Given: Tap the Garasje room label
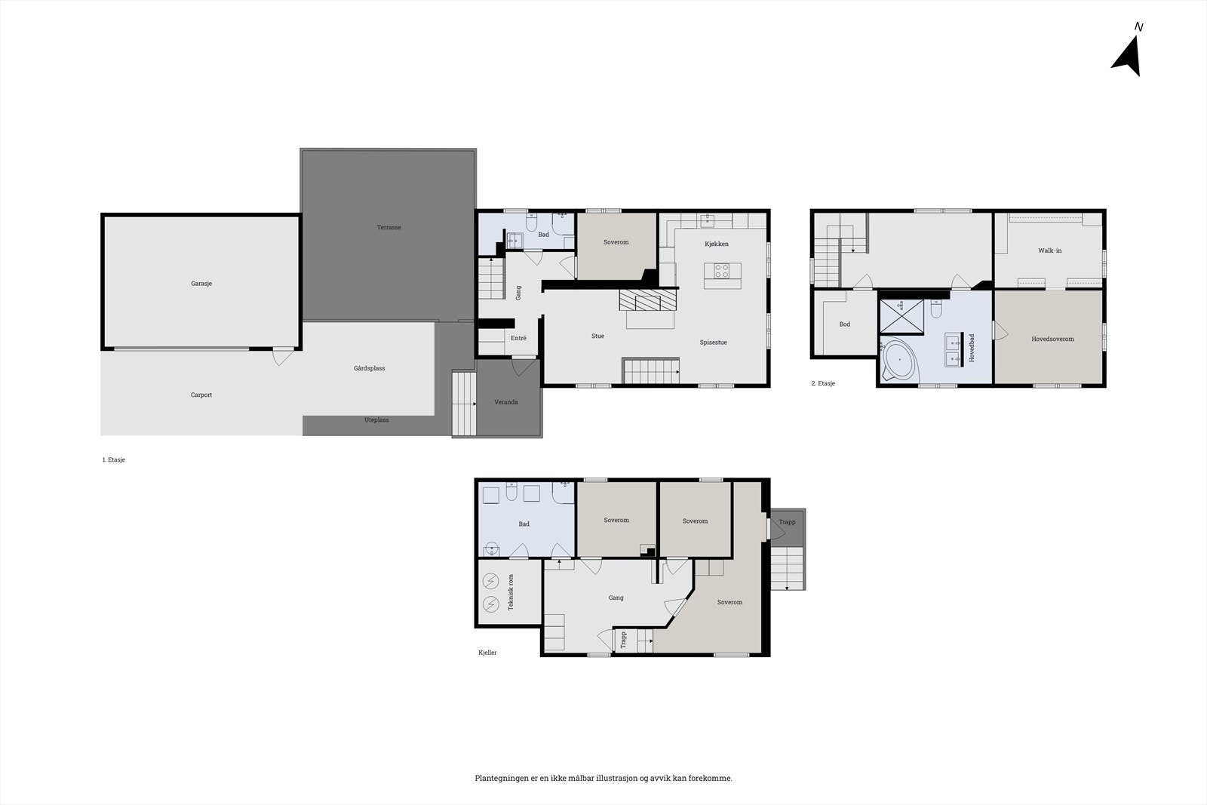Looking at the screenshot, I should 201,284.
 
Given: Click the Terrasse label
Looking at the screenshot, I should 389,227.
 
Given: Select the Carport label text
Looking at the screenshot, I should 201,395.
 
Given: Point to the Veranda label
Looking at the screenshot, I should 506,402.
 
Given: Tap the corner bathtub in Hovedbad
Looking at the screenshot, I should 900,361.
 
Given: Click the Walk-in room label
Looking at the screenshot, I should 1049,250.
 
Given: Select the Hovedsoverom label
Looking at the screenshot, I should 1052,339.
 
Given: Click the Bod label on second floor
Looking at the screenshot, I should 845,324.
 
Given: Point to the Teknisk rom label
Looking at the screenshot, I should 511,592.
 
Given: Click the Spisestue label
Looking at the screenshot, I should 713,343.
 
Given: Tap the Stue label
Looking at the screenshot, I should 597,336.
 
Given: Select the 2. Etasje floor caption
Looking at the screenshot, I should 823,383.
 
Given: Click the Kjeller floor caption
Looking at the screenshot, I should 487,653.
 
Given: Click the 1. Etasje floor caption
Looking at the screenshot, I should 113,459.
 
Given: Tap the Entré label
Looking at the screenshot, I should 518,338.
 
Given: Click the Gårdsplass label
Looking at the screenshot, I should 370,368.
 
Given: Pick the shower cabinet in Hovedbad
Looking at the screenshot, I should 902,316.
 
